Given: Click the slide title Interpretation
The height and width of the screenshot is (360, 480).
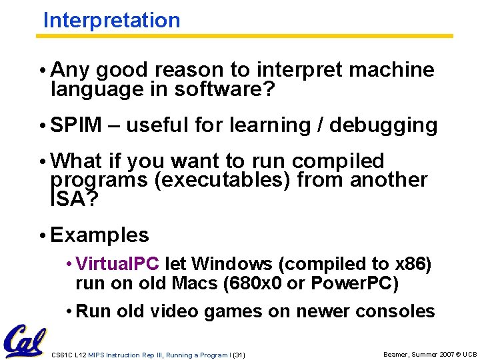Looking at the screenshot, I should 111,20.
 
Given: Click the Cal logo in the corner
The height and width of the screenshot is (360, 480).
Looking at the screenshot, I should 24,341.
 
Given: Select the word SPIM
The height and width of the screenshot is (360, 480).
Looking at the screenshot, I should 76,125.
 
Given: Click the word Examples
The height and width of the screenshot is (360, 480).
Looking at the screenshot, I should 99,235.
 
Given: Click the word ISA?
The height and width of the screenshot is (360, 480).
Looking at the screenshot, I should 73,199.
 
